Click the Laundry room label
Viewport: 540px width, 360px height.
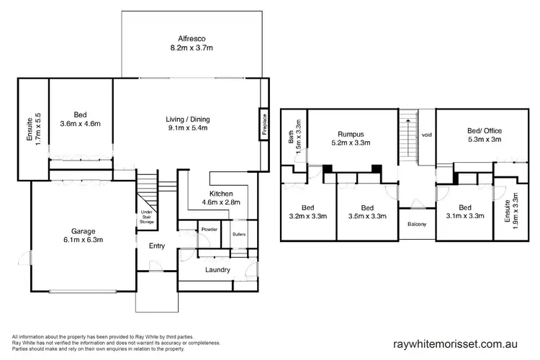point(217,270)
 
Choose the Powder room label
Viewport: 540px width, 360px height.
point(210,230)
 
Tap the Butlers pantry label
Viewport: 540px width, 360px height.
point(238,233)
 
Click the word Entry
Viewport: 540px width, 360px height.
point(157,246)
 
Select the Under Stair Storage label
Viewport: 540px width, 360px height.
point(147,217)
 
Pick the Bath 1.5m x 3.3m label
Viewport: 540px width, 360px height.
point(290,137)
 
